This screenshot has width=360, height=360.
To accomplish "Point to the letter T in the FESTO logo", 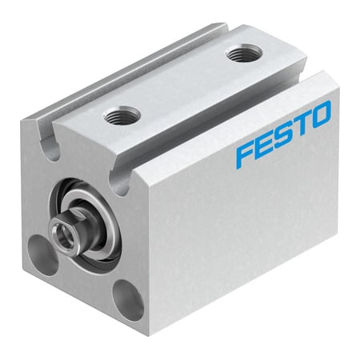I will pos(302,122).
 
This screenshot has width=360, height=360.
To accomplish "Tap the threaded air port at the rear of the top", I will pos(239,55).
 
